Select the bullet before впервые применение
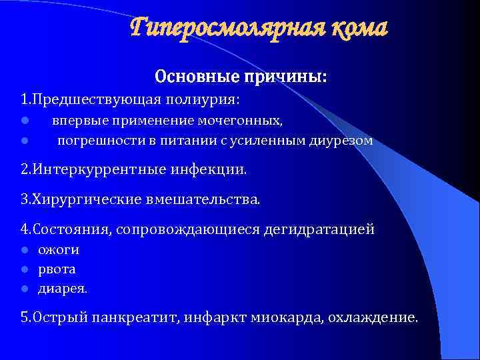click(x=23, y=121)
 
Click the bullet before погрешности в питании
click(x=23, y=141)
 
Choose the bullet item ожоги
click(x=59, y=250)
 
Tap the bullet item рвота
click(x=57, y=270)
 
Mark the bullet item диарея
click(x=63, y=289)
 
